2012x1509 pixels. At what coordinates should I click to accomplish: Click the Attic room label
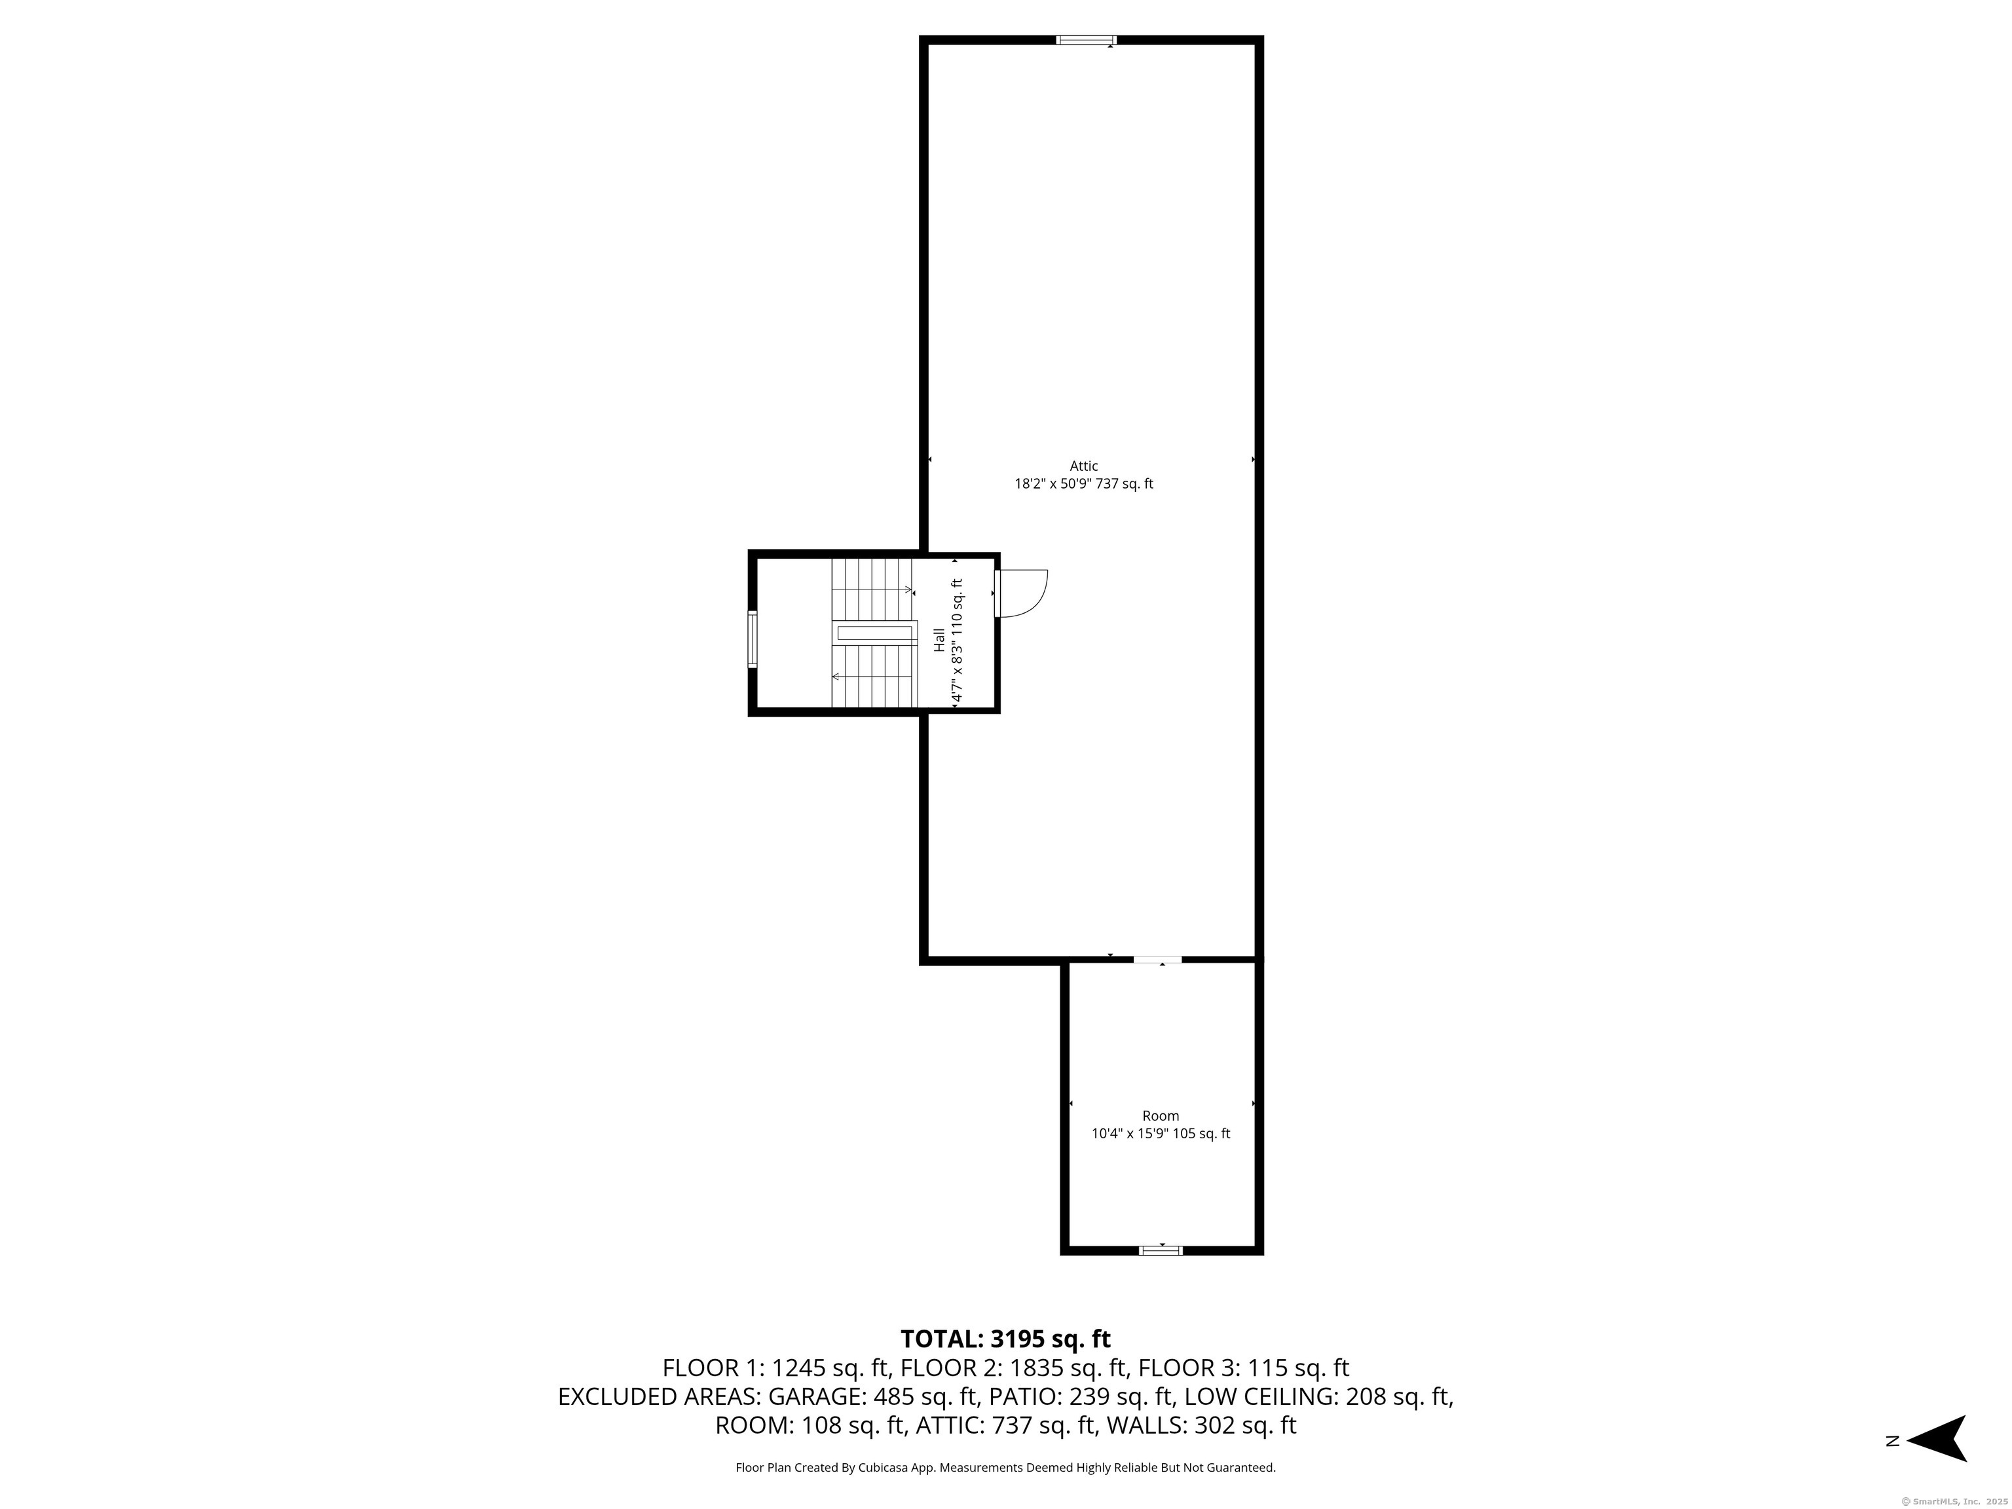[1083, 466]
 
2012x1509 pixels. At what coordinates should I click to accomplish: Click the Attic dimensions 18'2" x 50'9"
[1083, 484]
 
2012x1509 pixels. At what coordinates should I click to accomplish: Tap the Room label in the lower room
[1160, 1116]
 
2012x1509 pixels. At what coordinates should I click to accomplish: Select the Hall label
[939, 639]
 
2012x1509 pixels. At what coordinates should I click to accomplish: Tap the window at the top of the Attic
[1085, 40]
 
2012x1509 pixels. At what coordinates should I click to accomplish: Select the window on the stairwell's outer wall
[753, 639]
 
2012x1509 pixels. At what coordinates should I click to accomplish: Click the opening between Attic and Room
[1157, 959]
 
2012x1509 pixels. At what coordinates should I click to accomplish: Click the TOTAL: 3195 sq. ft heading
[1005, 1339]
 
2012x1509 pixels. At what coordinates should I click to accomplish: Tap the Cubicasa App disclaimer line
[1005, 1467]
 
